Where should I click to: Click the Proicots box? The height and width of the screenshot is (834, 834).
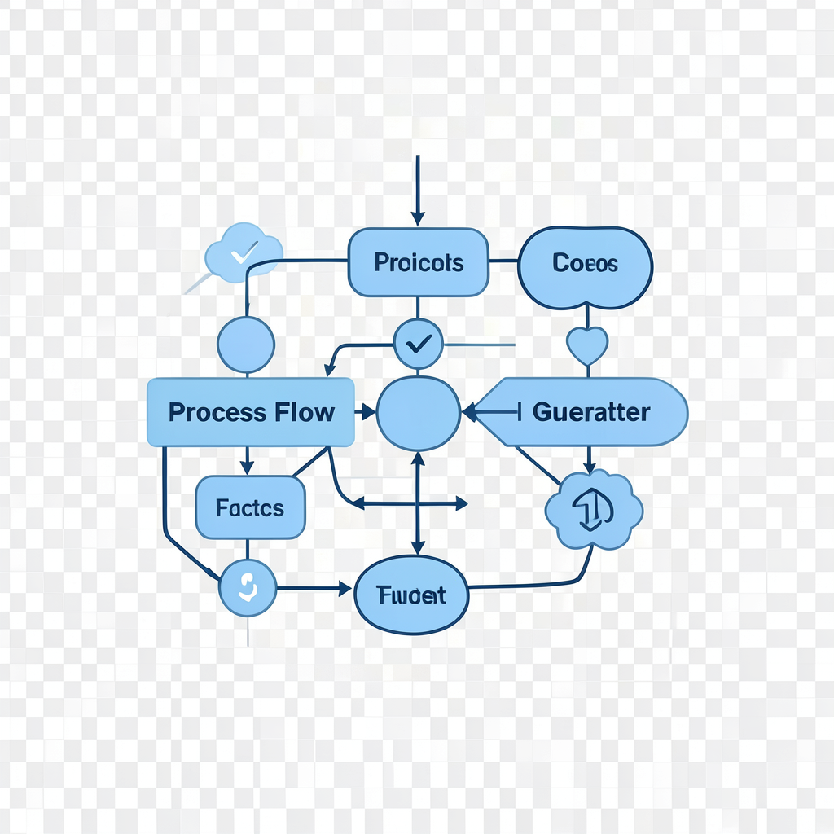tap(418, 262)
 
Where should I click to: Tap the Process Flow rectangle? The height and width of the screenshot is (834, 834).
tap(251, 412)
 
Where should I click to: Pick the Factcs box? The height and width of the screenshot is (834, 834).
tap(250, 508)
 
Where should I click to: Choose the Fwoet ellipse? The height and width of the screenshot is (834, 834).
tap(412, 595)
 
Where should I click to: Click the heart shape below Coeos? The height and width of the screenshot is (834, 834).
tap(586, 346)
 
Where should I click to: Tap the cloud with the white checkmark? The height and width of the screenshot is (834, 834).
tap(244, 252)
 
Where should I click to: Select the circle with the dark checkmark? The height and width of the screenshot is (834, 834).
tap(418, 344)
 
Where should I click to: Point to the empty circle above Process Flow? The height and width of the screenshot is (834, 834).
tap(246, 345)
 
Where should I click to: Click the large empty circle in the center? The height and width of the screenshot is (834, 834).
tap(419, 413)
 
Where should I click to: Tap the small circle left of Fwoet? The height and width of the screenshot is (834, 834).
tap(248, 587)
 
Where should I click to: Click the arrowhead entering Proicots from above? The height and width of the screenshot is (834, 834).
tap(418, 218)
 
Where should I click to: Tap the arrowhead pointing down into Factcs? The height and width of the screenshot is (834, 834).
tap(247, 467)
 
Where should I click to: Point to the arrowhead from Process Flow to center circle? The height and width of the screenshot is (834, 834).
tap(367, 413)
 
